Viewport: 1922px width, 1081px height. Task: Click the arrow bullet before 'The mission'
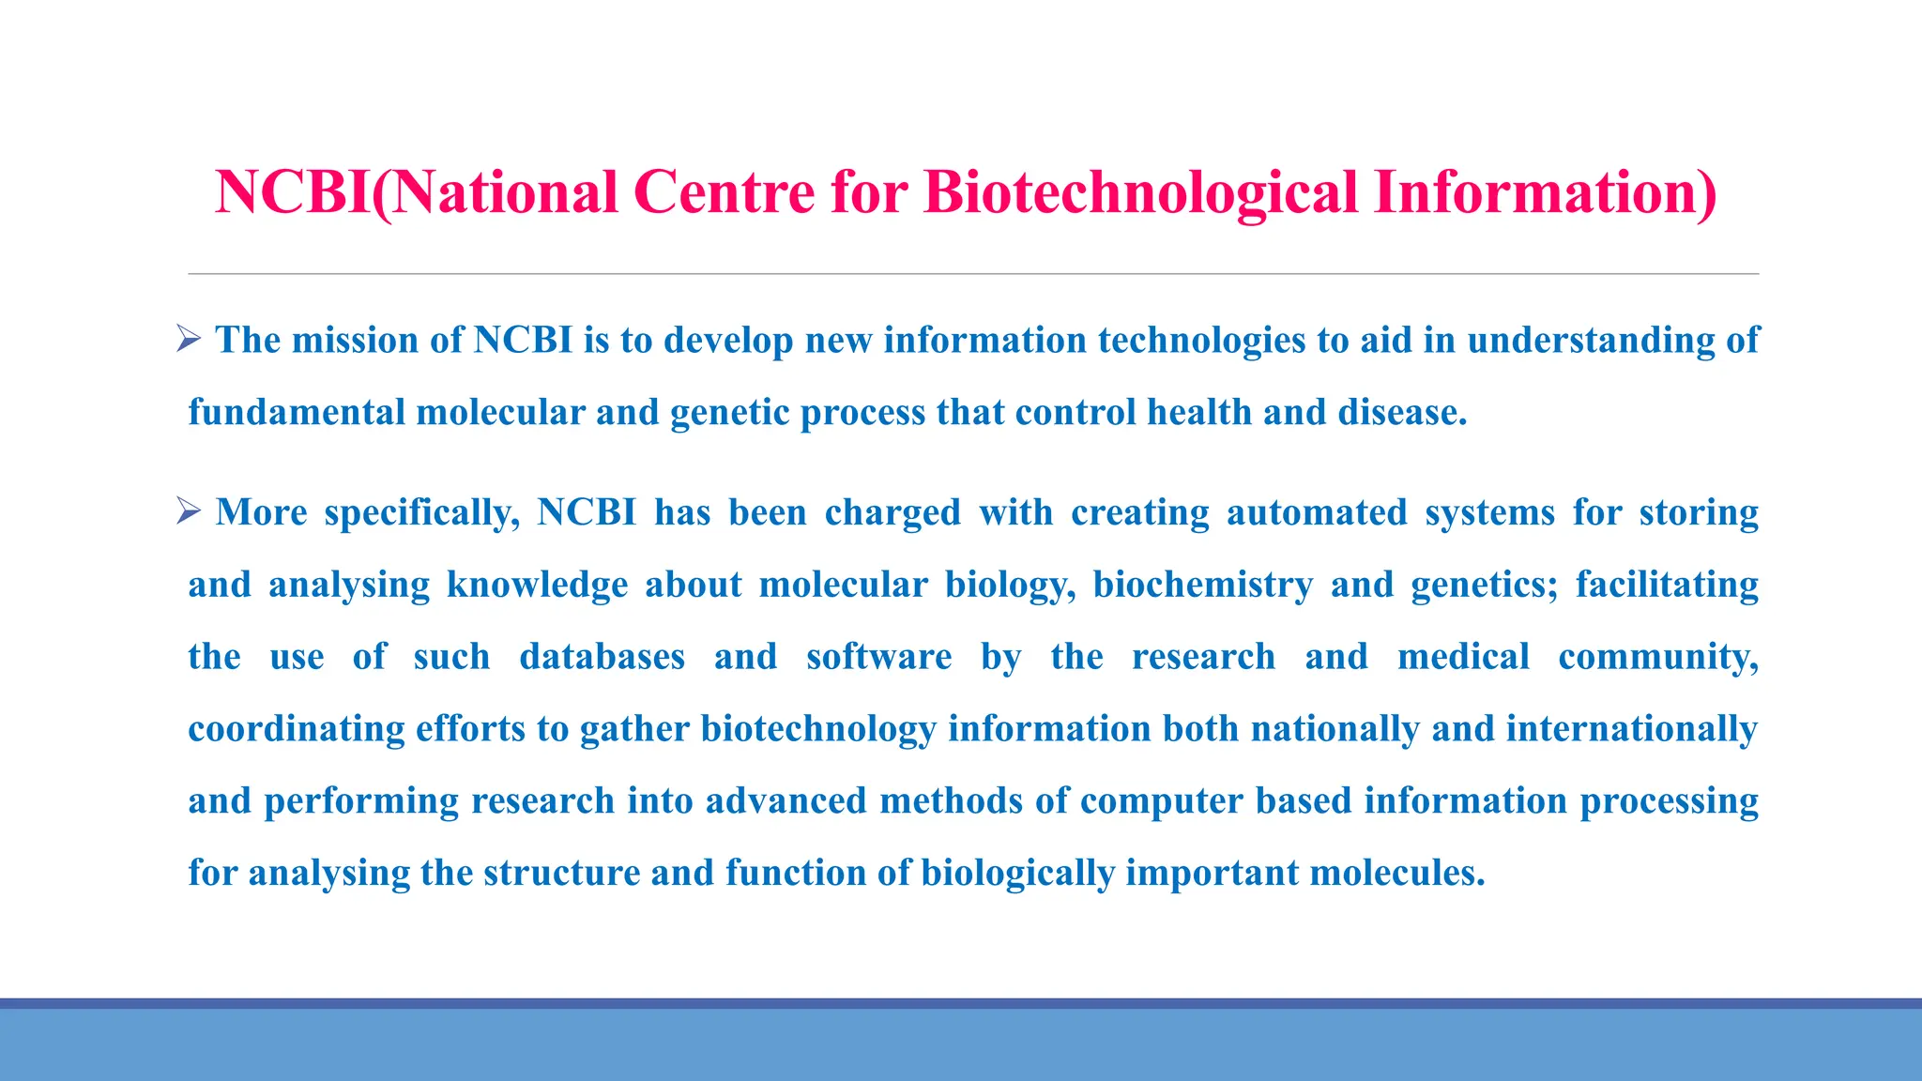click(189, 339)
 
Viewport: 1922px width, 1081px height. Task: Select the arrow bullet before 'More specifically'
click(189, 511)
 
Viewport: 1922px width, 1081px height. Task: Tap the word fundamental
click(297, 412)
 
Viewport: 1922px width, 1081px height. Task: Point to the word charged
click(892, 512)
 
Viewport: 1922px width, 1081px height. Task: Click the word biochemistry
click(1202, 585)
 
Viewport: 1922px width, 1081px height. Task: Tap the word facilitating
click(1667, 585)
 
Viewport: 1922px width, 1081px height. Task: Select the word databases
click(602, 657)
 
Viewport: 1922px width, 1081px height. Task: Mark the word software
click(878, 657)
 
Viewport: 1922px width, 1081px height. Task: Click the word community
click(1657, 657)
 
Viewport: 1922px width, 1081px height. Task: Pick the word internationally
click(1632, 729)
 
